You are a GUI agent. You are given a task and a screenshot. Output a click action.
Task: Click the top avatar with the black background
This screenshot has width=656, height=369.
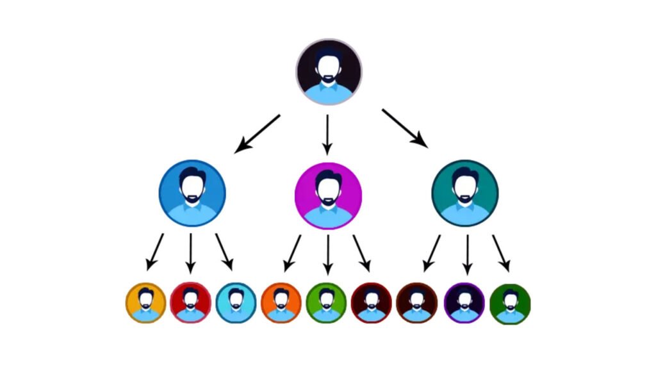(x=329, y=71)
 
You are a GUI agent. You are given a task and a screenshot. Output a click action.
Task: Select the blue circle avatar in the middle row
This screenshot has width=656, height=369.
(x=192, y=193)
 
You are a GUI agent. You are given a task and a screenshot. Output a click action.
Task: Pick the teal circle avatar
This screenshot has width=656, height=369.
(x=465, y=193)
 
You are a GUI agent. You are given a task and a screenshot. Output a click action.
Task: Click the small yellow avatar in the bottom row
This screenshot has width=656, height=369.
(x=145, y=302)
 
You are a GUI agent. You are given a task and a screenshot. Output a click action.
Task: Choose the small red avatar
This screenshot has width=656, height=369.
(x=190, y=302)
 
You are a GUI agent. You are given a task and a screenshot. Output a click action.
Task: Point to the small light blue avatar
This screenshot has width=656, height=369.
(x=236, y=302)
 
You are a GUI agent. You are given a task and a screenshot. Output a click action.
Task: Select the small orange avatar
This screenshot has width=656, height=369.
(x=281, y=302)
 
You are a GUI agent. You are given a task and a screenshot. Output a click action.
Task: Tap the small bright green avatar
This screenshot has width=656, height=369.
(x=326, y=302)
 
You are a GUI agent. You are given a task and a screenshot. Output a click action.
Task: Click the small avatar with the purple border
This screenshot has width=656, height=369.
(x=464, y=302)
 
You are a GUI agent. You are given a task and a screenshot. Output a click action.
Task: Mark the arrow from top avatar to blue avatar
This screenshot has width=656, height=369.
(x=258, y=133)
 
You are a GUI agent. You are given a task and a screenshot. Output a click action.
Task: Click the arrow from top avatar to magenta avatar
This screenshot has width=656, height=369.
(x=327, y=135)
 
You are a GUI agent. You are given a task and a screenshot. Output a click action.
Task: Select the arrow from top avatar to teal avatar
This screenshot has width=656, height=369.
(x=404, y=128)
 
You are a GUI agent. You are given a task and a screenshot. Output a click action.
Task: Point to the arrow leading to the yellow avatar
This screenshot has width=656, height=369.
(x=154, y=251)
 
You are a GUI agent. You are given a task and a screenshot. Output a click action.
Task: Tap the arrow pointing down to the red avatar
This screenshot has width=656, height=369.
(x=190, y=254)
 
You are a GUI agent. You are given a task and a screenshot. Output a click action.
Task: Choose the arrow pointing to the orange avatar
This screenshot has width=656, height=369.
(x=292, y=252)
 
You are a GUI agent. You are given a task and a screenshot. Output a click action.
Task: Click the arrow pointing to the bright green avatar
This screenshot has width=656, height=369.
(x=328, y=254)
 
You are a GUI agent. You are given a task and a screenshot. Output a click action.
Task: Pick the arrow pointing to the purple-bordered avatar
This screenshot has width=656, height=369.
(x=467, y=254)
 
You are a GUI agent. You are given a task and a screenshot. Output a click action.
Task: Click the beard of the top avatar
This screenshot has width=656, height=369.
(x=329, y=79)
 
